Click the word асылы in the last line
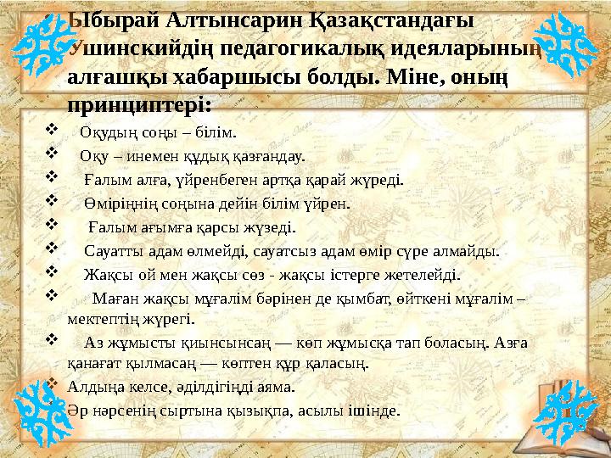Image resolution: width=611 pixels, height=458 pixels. (327, 410)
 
